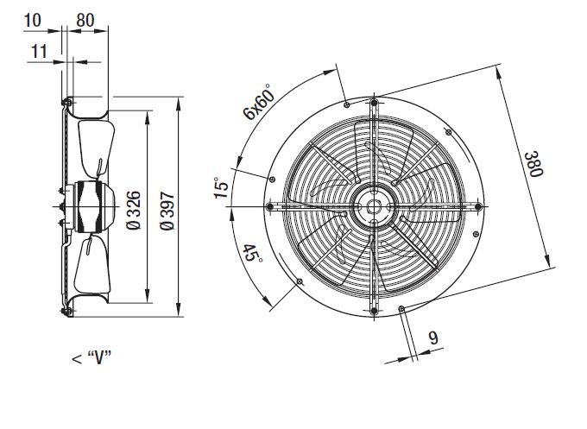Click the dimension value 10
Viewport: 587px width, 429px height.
point(32,20)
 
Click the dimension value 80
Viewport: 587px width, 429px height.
point(85,20)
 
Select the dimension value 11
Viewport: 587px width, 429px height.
point(39,51)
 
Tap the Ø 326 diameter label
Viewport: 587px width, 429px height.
point(134,210)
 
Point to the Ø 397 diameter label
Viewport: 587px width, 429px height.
point(167,211)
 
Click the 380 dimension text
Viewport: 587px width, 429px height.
point(533,164)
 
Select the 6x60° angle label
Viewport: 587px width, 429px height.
point(259,102)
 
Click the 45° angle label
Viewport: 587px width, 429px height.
point(252,254)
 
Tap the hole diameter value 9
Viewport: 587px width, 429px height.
point(433,338)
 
